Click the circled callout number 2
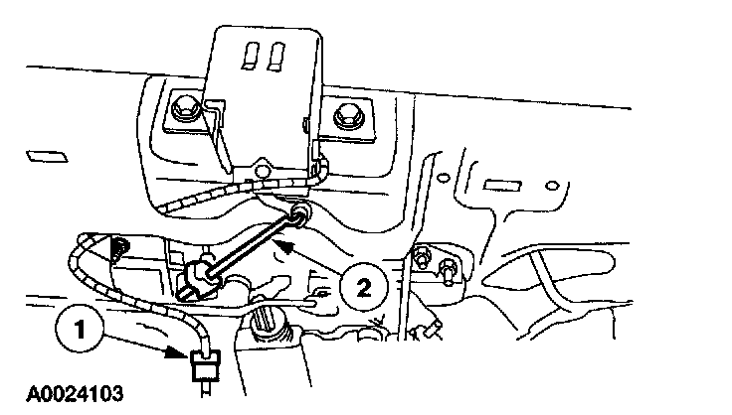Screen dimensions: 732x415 pyautogui.click(x=363, y=287)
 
